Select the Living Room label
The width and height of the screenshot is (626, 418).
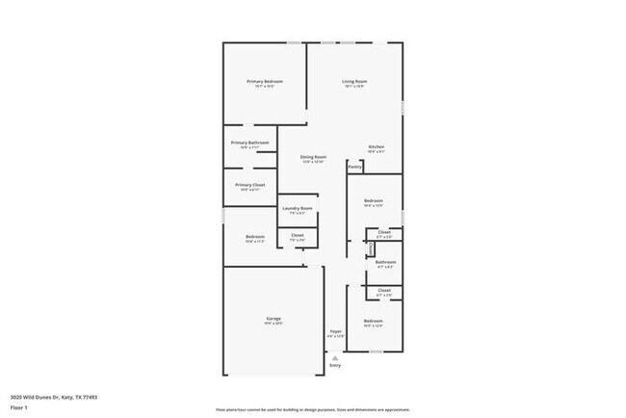click(354, 82)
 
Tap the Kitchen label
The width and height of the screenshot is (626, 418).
click(377, 146)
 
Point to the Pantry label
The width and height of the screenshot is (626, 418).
click(354, 167)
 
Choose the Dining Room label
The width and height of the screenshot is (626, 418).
click(313, 157)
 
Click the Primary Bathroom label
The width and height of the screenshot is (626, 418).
click(249, 143)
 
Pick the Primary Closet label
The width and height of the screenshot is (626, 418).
click(249, 184)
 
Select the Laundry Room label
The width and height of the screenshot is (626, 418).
click(297, 208)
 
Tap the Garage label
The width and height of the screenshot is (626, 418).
click(274, 319)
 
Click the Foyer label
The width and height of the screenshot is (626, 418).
click(335, 331)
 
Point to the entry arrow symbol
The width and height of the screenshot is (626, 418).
click(335, 357)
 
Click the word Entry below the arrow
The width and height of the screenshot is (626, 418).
click(335, 366)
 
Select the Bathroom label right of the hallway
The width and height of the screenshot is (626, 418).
click(385, 261)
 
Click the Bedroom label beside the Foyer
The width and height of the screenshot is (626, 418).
click(373, 321)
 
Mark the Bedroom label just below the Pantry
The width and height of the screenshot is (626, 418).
click(374, 201)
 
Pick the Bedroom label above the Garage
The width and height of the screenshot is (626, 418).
click(254, 237)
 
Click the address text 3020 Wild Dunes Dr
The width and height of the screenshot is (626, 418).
click(54, 396)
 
